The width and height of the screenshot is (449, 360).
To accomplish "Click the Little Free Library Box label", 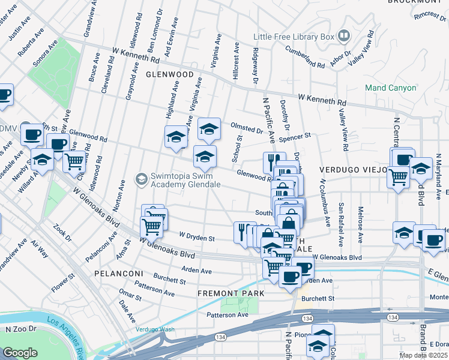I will click(293, 37).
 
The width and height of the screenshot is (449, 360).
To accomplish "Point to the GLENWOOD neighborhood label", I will click(169, 74).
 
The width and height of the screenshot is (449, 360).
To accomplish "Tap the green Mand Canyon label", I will click(391, 88).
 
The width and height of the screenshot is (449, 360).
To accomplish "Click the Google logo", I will click(20, 353).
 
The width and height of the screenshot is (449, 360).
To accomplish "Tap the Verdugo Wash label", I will click(155, 329).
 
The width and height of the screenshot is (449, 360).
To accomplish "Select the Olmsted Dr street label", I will click(247, 128).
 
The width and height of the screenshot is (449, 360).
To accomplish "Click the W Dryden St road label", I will click(197, 238).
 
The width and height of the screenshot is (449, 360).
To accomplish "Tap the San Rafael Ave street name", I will click(341, 216).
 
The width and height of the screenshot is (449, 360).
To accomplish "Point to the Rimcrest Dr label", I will click(430, 16).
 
